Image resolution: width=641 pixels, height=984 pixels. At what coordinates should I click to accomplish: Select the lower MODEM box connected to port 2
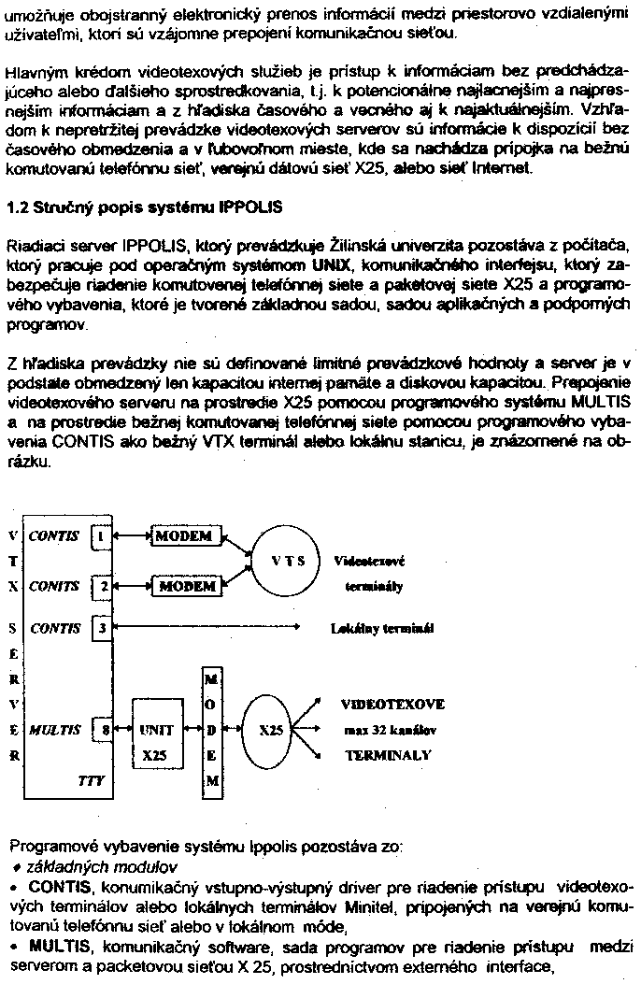pos(187,586)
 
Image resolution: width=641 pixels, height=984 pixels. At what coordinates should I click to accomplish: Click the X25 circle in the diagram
pos(265,730)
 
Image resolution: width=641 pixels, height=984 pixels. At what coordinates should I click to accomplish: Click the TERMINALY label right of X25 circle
pos(386,754)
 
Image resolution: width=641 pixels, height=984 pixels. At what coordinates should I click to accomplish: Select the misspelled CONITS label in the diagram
pos(53,586)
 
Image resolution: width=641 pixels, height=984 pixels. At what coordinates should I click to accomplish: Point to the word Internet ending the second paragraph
pos(501,169)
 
